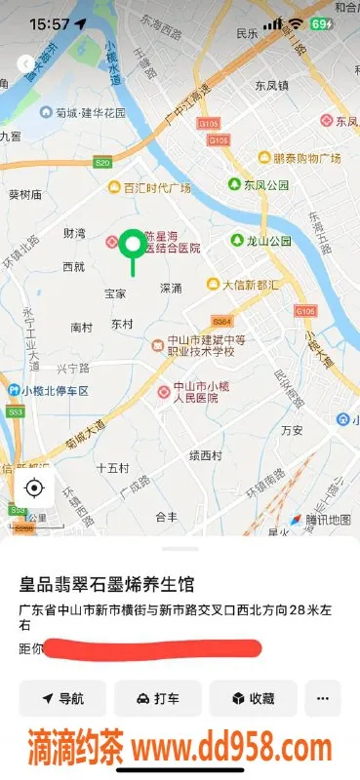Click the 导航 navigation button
62,698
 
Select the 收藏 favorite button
252,698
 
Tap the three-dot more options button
323,698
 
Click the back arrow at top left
25,63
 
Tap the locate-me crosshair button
34,488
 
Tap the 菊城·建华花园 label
84,113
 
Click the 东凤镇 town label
272,85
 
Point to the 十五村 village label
113,468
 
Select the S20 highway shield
102,162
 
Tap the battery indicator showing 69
321,23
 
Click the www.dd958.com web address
232,749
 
